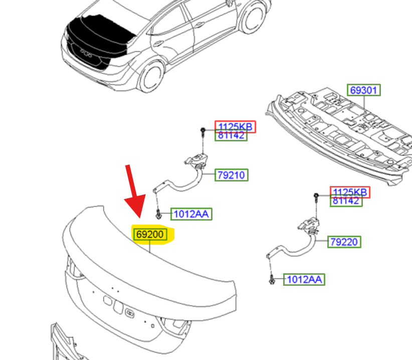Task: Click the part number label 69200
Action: (150, 234)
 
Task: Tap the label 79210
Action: (232, 175)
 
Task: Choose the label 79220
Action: (344, 242)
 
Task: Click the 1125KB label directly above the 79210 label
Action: (235, 127)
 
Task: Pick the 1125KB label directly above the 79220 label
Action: (350, 192)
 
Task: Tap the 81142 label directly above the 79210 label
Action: (231, 135)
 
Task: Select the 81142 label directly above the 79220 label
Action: (346, 201)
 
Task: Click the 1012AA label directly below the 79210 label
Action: (191, 214)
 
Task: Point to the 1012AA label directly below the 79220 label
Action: (304, 279)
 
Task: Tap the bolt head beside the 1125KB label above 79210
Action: (202, 131)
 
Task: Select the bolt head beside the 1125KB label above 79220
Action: (316, 196)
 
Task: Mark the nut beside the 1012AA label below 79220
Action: (272, 279)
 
